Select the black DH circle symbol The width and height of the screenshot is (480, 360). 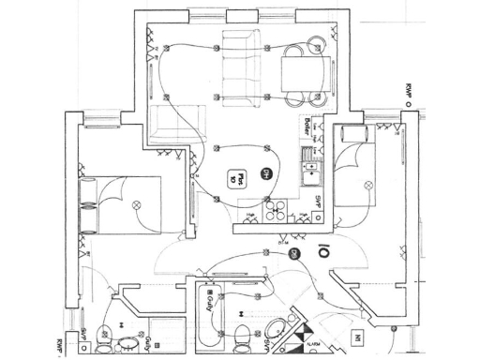[x=266, y=174]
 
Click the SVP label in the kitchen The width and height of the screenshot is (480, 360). [x=319, y=202]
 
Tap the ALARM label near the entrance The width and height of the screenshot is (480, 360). [x=314, y=346]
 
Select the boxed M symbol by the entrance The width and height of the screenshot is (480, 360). [x=357, y=336]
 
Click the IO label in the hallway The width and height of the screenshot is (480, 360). [x=322, y=251]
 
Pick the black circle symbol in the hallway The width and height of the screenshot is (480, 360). [x=293, y=254]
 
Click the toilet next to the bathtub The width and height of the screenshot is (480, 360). [x=243, y=332]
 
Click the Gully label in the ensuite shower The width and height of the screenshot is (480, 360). [x=150, y=338]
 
